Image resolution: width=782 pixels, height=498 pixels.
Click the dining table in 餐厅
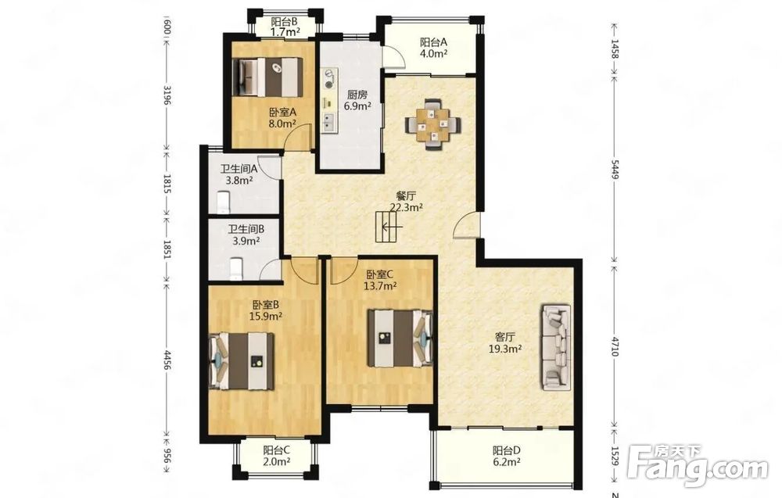point(433,124)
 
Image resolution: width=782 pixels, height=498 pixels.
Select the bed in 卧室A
point(268,77)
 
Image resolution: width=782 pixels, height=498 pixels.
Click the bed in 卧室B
point(242,361)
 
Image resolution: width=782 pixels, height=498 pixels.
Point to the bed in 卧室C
point(400,339)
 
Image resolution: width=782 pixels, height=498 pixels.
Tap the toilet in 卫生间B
point(235,267)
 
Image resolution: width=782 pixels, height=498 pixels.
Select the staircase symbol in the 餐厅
point(389,227)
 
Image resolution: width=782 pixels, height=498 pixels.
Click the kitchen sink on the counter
point(328,122)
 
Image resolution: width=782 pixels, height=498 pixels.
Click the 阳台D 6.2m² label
point(507,456)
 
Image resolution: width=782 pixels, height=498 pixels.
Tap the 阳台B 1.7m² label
point(285,27)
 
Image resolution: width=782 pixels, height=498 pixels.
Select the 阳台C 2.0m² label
point(277,456)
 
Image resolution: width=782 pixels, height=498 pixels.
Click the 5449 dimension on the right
point(615,170)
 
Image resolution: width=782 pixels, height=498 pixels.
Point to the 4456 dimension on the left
point(167,360)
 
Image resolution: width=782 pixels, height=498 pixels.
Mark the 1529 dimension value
point(615,456)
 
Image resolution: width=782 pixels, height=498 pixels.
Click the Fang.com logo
point(698,467)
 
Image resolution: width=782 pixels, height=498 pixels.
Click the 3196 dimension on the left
point(167,95)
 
